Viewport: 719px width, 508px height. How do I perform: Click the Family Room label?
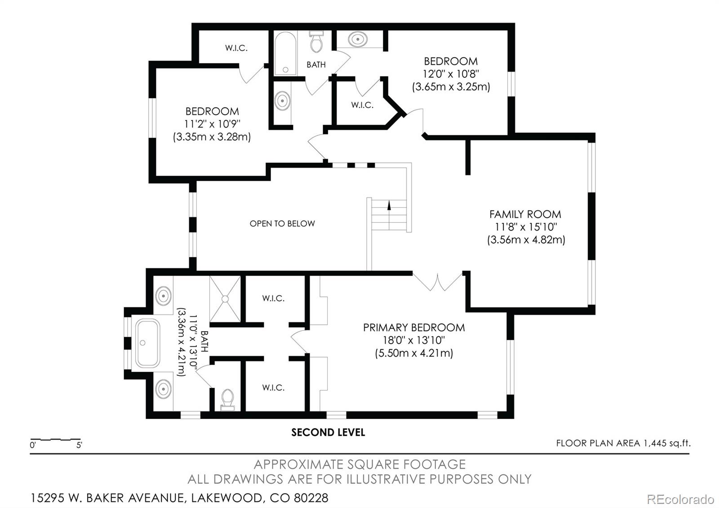525,214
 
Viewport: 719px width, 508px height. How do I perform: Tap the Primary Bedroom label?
414,328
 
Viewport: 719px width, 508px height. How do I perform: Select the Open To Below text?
282,223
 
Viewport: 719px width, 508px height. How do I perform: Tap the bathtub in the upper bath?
285,53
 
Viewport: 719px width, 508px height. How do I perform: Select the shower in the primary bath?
225,299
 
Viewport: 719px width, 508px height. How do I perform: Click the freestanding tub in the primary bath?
147,343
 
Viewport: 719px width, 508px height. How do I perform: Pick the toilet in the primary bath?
227,400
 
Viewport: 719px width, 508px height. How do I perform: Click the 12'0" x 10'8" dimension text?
451,74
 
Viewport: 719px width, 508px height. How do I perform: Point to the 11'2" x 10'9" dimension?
212,124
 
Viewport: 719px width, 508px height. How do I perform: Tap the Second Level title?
328,432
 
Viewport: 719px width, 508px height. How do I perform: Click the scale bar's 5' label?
79,445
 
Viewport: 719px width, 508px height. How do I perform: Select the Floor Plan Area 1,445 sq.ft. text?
623,443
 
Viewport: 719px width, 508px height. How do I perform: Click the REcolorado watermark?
680,499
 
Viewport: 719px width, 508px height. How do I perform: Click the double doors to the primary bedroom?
438,281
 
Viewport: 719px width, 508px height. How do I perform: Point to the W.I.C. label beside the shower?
273,299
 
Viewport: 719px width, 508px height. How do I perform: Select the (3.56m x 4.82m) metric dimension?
526,240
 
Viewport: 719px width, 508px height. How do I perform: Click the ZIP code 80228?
311,498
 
